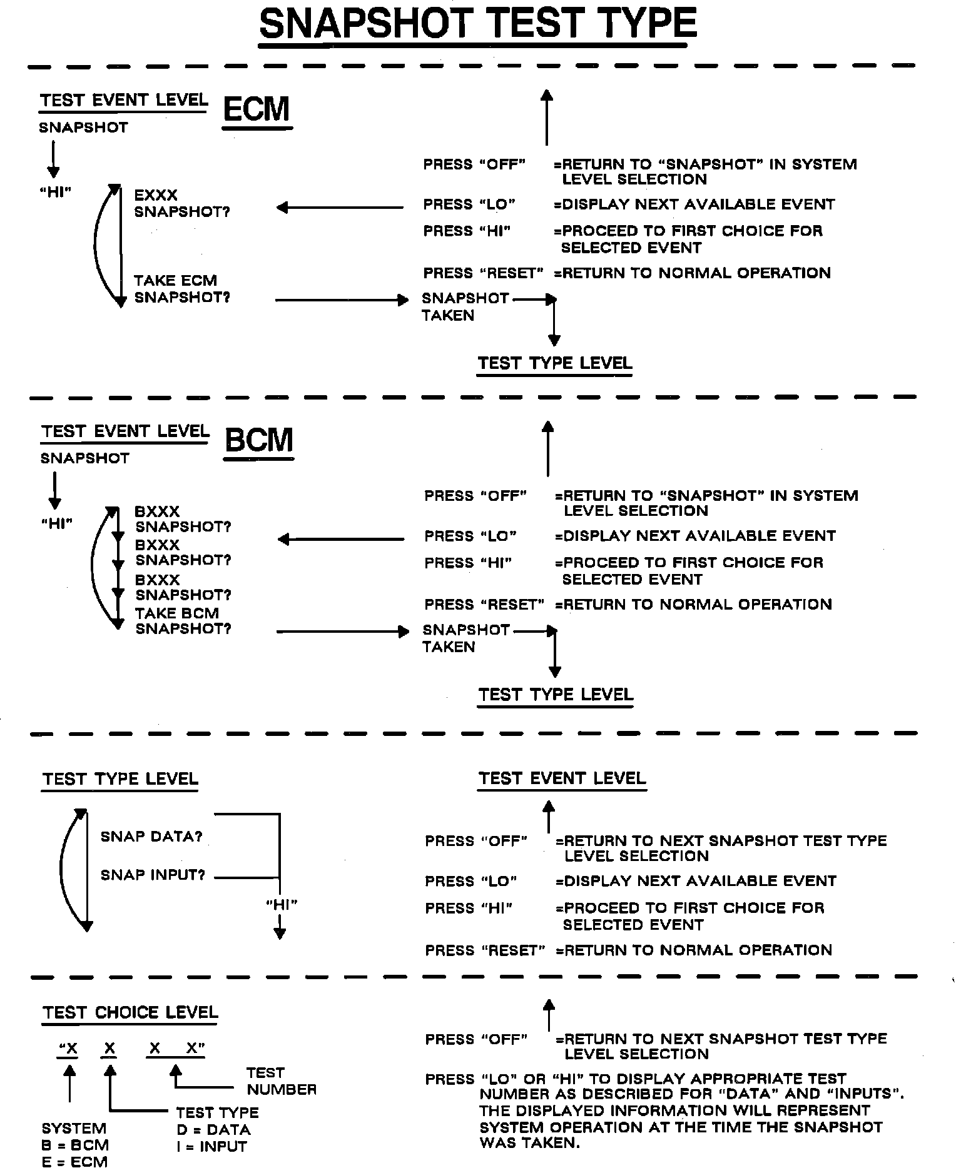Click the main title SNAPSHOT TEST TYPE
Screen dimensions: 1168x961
tap(477, 25)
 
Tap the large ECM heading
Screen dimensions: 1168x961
tap(257, 109)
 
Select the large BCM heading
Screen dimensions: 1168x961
tap(258, 440)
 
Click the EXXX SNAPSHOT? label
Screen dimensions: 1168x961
tap(181, 203)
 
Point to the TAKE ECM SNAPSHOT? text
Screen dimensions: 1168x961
tap(181, 289)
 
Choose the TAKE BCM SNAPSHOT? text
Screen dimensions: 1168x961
tap(183, 621)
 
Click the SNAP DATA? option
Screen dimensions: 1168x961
tap(151, 837)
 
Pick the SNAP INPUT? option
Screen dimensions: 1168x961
tap(153, 875)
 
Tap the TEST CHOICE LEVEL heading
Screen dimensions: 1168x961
tap(130, 1013)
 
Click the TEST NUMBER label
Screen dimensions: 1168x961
tap(281, 1081)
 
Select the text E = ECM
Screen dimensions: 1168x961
tap(74, 1162)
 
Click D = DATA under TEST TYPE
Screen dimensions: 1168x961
tap(213, 1129)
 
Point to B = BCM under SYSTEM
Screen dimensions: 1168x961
tap(75, 1145)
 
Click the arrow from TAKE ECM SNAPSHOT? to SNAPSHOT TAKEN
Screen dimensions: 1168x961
tap(341, 301)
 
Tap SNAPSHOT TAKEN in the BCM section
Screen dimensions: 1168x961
tap(465, 638)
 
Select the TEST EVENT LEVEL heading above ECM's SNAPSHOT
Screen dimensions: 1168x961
tap(124, 101)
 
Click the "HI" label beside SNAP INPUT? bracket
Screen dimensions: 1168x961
tap(281, 904)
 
